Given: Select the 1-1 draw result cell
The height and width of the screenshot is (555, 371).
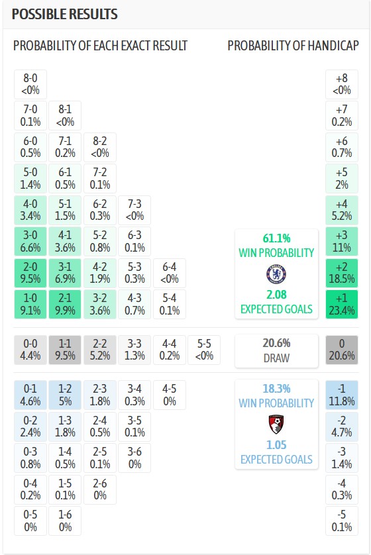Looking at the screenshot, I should (x=65, y=350).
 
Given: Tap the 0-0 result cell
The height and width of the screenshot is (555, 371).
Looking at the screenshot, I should (x=30, y=350).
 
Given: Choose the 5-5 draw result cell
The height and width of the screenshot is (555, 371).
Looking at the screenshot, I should (x=204, y=350).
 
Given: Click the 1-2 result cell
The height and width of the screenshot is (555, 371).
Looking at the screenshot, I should (x=65, y=395).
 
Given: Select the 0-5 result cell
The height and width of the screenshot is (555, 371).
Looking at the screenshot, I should (x=30, y=521).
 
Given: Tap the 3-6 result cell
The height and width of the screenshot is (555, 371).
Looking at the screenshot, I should (x=134, y=458).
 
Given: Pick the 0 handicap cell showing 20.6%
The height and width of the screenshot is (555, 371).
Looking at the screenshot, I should (x=342, y=350).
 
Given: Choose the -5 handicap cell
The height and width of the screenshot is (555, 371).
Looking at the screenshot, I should (x=342, y=521).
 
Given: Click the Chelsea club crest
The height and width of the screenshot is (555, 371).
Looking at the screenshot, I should (x=276, y=274).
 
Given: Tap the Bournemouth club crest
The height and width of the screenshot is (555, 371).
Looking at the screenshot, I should (x=276, y=425).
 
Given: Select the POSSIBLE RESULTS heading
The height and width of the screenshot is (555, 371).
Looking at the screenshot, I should (x=65, y=14).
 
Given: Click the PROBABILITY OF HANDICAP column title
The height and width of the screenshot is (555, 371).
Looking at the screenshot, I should (x=293, y=46).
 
